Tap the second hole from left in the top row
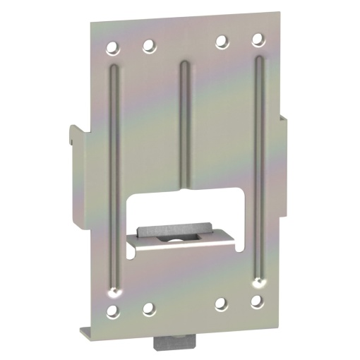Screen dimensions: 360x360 [x=148, y=47]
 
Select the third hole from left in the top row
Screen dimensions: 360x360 [x=221, y=41]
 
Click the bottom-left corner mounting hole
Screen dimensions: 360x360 [x=112, y=311]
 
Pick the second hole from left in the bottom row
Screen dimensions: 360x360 [x=148, y=308]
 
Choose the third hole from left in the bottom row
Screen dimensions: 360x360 [x=221, y=304]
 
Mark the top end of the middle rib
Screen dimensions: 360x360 [x=184, y=66]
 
